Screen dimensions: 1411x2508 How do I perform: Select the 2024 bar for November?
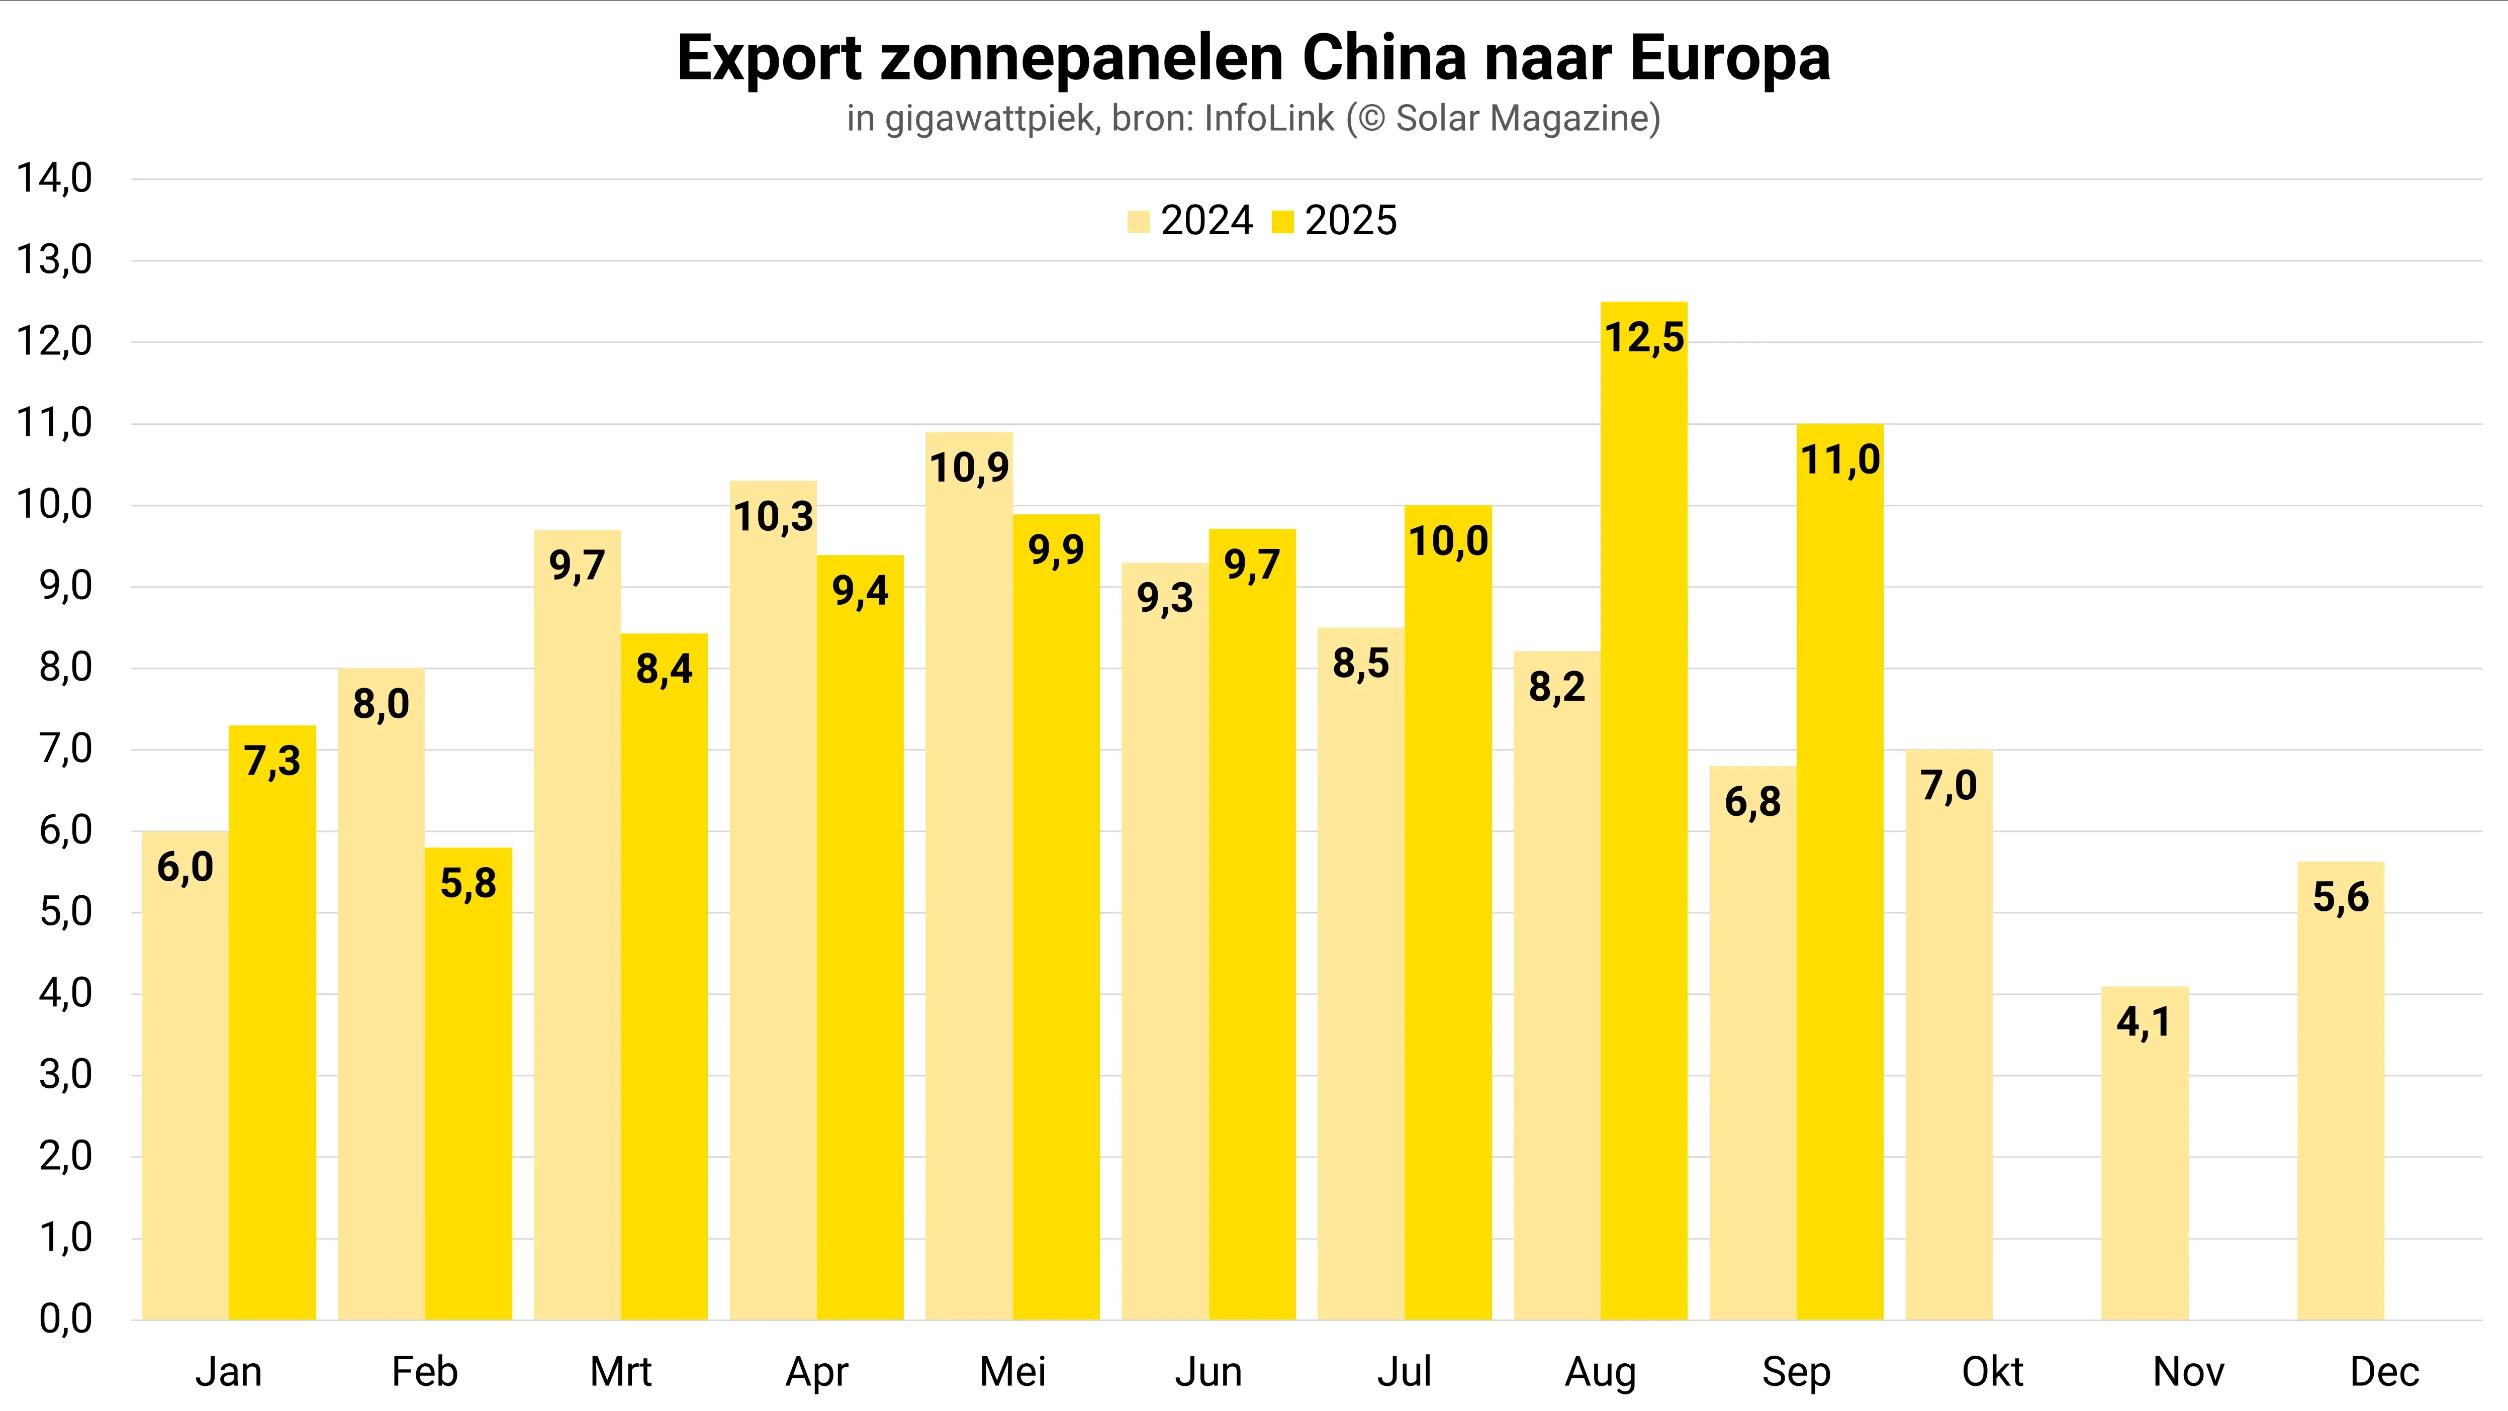coord(2145,1169)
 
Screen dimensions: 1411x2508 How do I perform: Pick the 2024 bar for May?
coord(969,896)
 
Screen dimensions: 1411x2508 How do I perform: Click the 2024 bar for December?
coord(2341,1100)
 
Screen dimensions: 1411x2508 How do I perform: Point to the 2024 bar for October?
coord(1949,1052)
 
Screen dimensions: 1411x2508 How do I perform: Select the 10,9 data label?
coord(969,468)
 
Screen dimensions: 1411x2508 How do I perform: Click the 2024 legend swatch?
coord(1138,222)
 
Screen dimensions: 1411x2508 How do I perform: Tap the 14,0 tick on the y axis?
coord(54,178)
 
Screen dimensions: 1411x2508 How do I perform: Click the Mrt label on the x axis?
coord(620,1372)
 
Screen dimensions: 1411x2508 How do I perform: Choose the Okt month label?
coord(1992,1372)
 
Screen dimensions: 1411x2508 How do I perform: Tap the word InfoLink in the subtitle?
coord(1269,119)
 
